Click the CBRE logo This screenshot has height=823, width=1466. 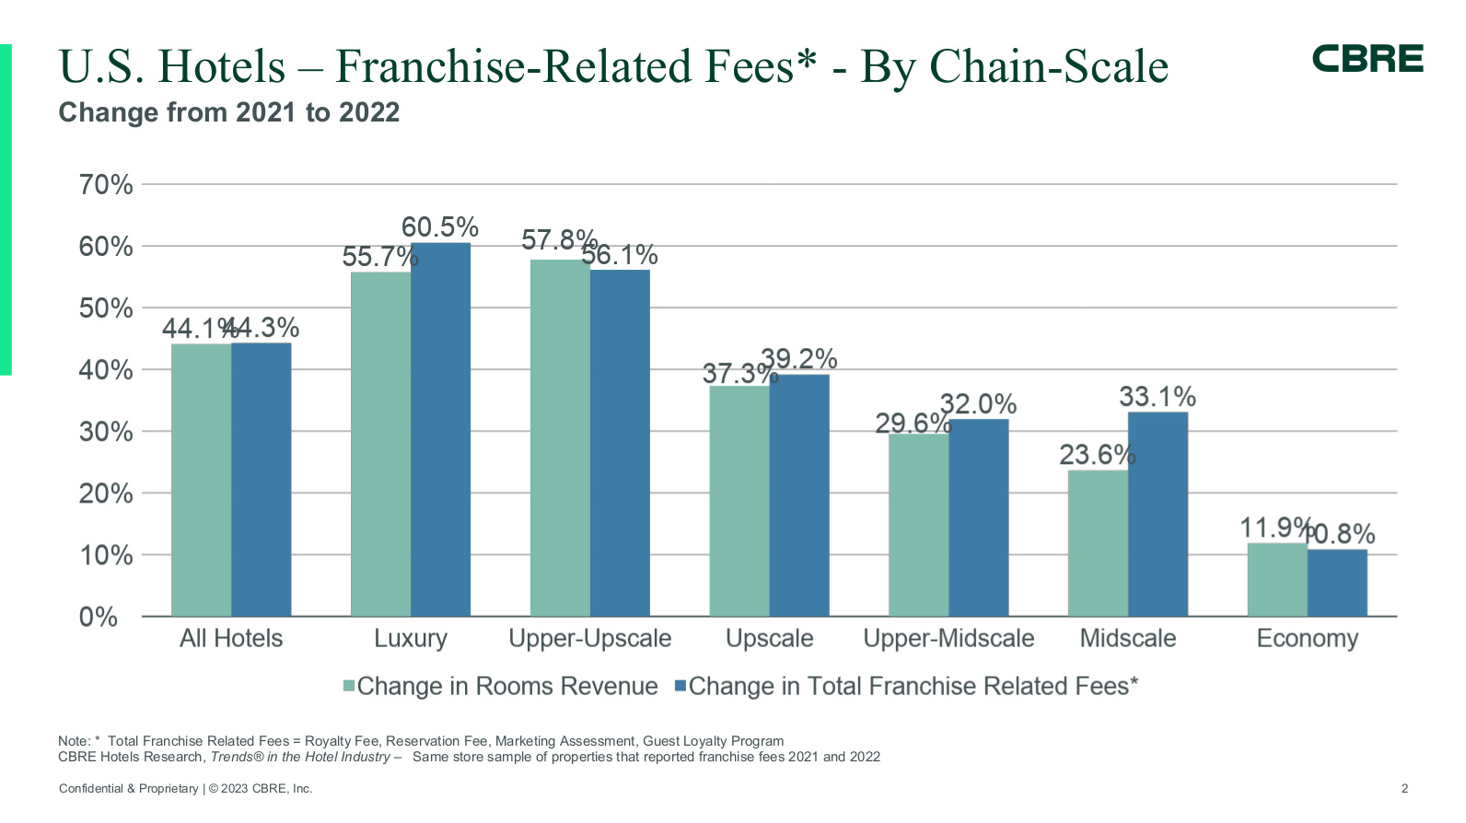click(1367, 59)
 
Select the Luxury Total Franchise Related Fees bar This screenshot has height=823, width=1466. click(440, 429)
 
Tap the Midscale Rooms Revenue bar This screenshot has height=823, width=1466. click(1098, 543)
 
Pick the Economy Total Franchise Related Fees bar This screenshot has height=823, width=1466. click(1337, 583)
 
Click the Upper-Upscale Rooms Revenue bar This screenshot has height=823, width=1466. click(560, 437)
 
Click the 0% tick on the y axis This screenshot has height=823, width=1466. click(99, 617)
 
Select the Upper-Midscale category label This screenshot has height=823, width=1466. click(948, 639)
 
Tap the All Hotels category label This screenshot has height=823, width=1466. click(231, 639)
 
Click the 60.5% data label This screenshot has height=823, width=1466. click(440, 227)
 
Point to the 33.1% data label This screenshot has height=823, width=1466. click(1158, 397)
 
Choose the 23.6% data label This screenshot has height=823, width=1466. click(1097, 455)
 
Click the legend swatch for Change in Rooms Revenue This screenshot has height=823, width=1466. click(349, 686)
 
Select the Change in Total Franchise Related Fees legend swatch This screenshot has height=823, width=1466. click(681, 686)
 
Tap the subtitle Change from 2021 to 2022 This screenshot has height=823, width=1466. click(228, 112)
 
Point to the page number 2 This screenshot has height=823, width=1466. click(1404, 788)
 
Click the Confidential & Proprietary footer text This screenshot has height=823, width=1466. click(128, 788)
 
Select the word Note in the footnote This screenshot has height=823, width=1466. click(73, 741)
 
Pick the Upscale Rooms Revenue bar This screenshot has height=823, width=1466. click(739, 501)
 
